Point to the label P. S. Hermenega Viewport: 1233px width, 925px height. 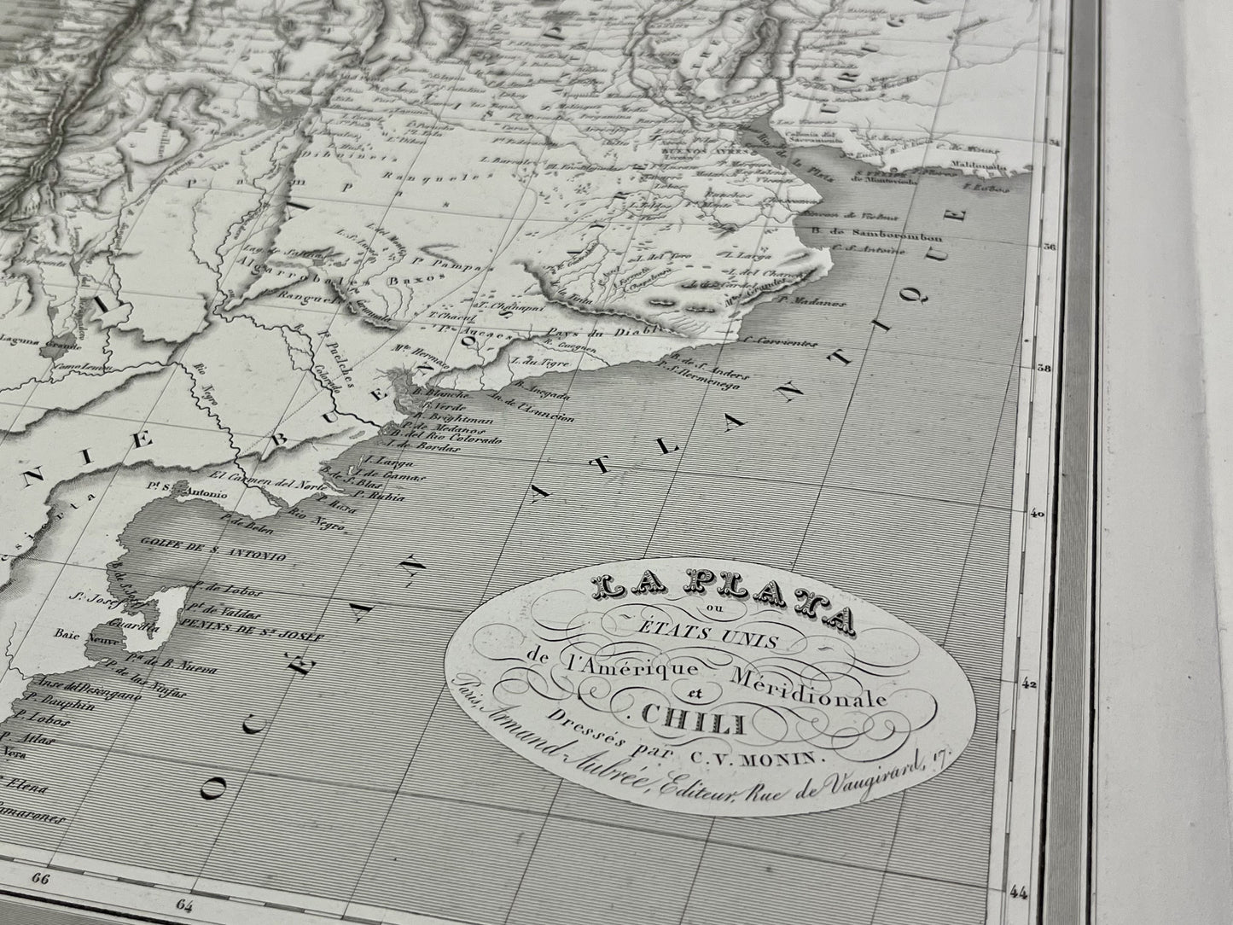pyautogui.click(x=705, y=381)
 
